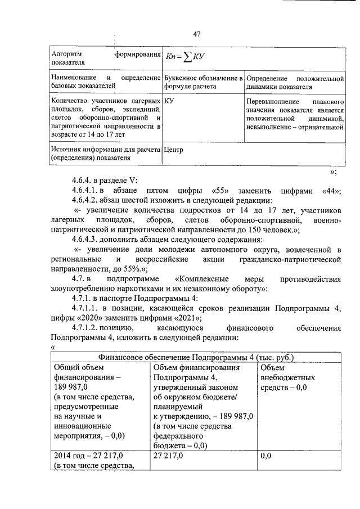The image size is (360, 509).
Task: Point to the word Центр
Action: [173, 150]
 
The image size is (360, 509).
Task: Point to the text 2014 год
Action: [72, 455]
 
